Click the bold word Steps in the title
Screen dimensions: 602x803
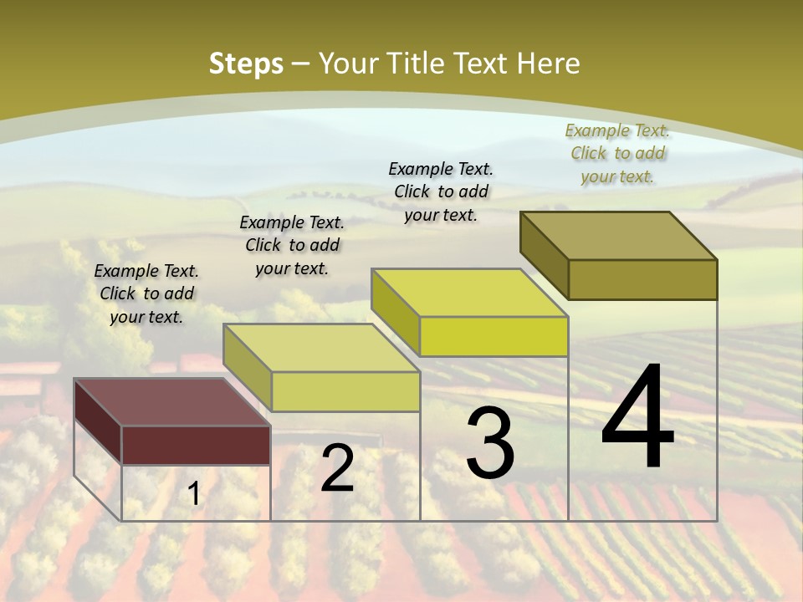coord(246,64)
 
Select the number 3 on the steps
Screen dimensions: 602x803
coord(490,443)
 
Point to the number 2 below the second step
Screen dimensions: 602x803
coord(337,468)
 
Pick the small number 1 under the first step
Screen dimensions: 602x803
coord(194,494)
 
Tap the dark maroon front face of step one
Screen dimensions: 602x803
coord(196,445)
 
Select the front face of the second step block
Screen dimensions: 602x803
coord(345,391)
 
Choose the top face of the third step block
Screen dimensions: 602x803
coord(469,293)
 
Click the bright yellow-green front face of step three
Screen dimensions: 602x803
coord(494,336)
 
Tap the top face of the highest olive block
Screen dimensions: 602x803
coord(618,236)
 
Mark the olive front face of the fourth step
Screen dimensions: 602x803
coord(642,279)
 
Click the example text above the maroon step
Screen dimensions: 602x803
coord(146,293)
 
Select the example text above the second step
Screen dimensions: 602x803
coord(292,245)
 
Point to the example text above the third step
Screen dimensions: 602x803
coord(441,191)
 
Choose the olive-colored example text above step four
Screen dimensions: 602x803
coord(617,153)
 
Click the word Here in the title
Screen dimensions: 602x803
coord(549,64)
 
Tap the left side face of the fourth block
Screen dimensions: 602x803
coord(544,255)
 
